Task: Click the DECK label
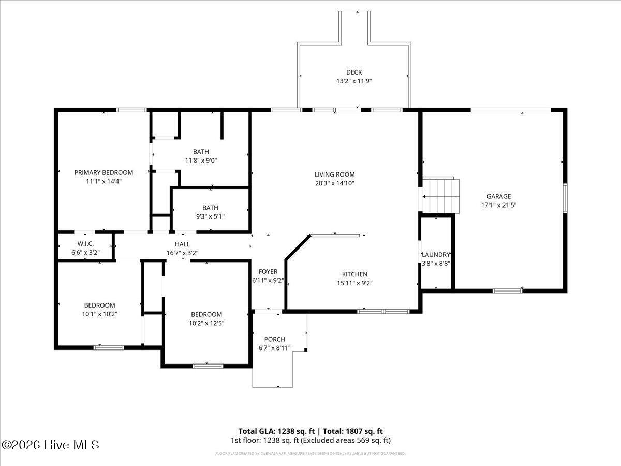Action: pyautogui.click(x=354, y=72)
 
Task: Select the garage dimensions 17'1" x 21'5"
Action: pyautogui.click(x=498, y=205)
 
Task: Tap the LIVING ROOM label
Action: pyautogui.click(x=335, y=174)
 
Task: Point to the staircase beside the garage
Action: pyautogui.click(x=441, y=196)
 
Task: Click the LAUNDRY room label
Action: pyautogui.click(x=435, y=255)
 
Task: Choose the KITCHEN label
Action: pyautogui.click(x=354, y=274)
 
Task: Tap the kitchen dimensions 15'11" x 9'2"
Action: pyautogui.click(x=354, y=283)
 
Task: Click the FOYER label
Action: pyautogui.click(x=268, y=271)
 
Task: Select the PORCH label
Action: pyautogui.click(x=274, y=339)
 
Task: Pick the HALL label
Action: pyautogui.click(x=182, y=244)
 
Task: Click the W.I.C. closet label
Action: pyautogui.click(x=85, y=244)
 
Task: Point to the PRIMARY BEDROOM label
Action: pyautogui.click(x=103, y=172)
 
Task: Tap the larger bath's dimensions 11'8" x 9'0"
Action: pyautogui.click(x=201, y=161)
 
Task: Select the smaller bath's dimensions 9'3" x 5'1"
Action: pyautogui.click(x=210, y=216)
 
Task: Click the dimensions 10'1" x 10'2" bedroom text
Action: pyautogui.click(x=99, y=314)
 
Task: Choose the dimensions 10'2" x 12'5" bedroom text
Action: pyautogui.click(x=206, y=323)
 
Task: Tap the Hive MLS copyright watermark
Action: pyautogui.click(x=50, y=445)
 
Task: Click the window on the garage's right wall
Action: pyautogui.click(x=565, y=198)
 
